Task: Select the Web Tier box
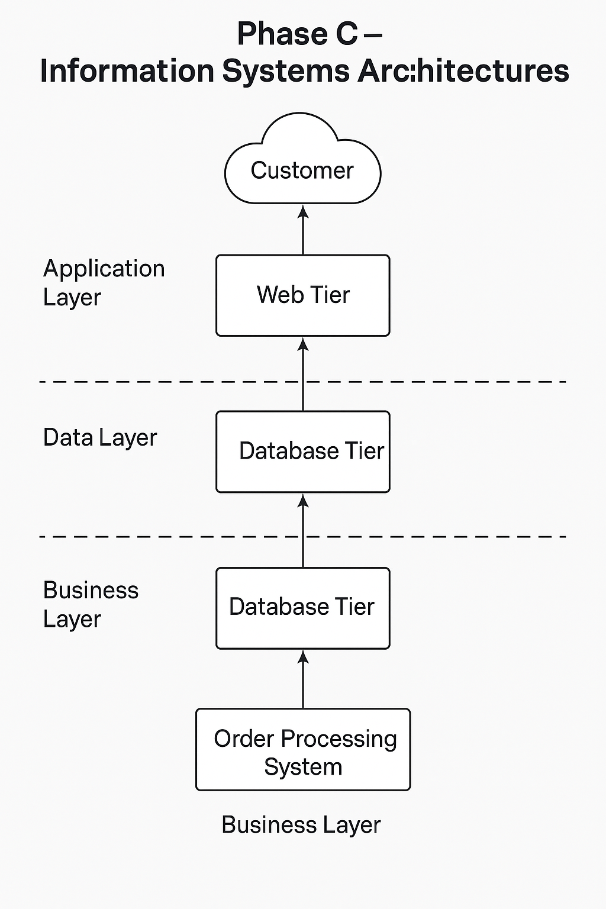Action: pos(302,295)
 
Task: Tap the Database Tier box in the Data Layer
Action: pos(302,452)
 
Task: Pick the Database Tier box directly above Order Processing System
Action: pos(302,608)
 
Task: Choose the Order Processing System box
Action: pos(302,749)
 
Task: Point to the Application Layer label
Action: pos(104,283)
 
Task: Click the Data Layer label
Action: pos(99,438)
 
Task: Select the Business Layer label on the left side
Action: pos(91,604)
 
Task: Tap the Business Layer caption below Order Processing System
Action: pos(301,825)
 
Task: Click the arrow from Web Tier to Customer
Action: pos(303,231)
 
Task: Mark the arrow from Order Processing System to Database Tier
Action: pos(303,681)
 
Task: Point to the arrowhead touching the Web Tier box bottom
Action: pos(303,344)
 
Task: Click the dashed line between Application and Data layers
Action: pos(148,382)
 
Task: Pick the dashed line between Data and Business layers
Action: pos(148,537)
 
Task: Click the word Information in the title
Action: pos(127,71)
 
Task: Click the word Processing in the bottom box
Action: pos(339,739)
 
